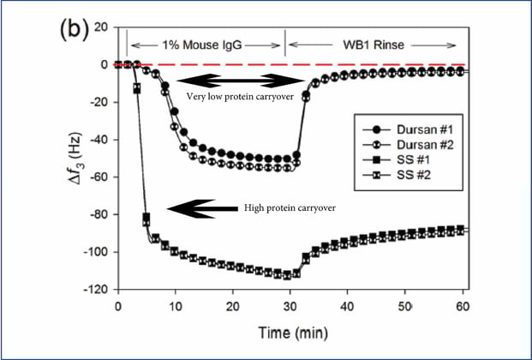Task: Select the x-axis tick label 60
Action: [463, 307]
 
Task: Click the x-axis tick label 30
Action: [290, 307]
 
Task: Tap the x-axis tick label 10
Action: [176, 307]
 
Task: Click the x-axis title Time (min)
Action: [291, 331]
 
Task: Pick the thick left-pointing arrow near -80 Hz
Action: [202, 207]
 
